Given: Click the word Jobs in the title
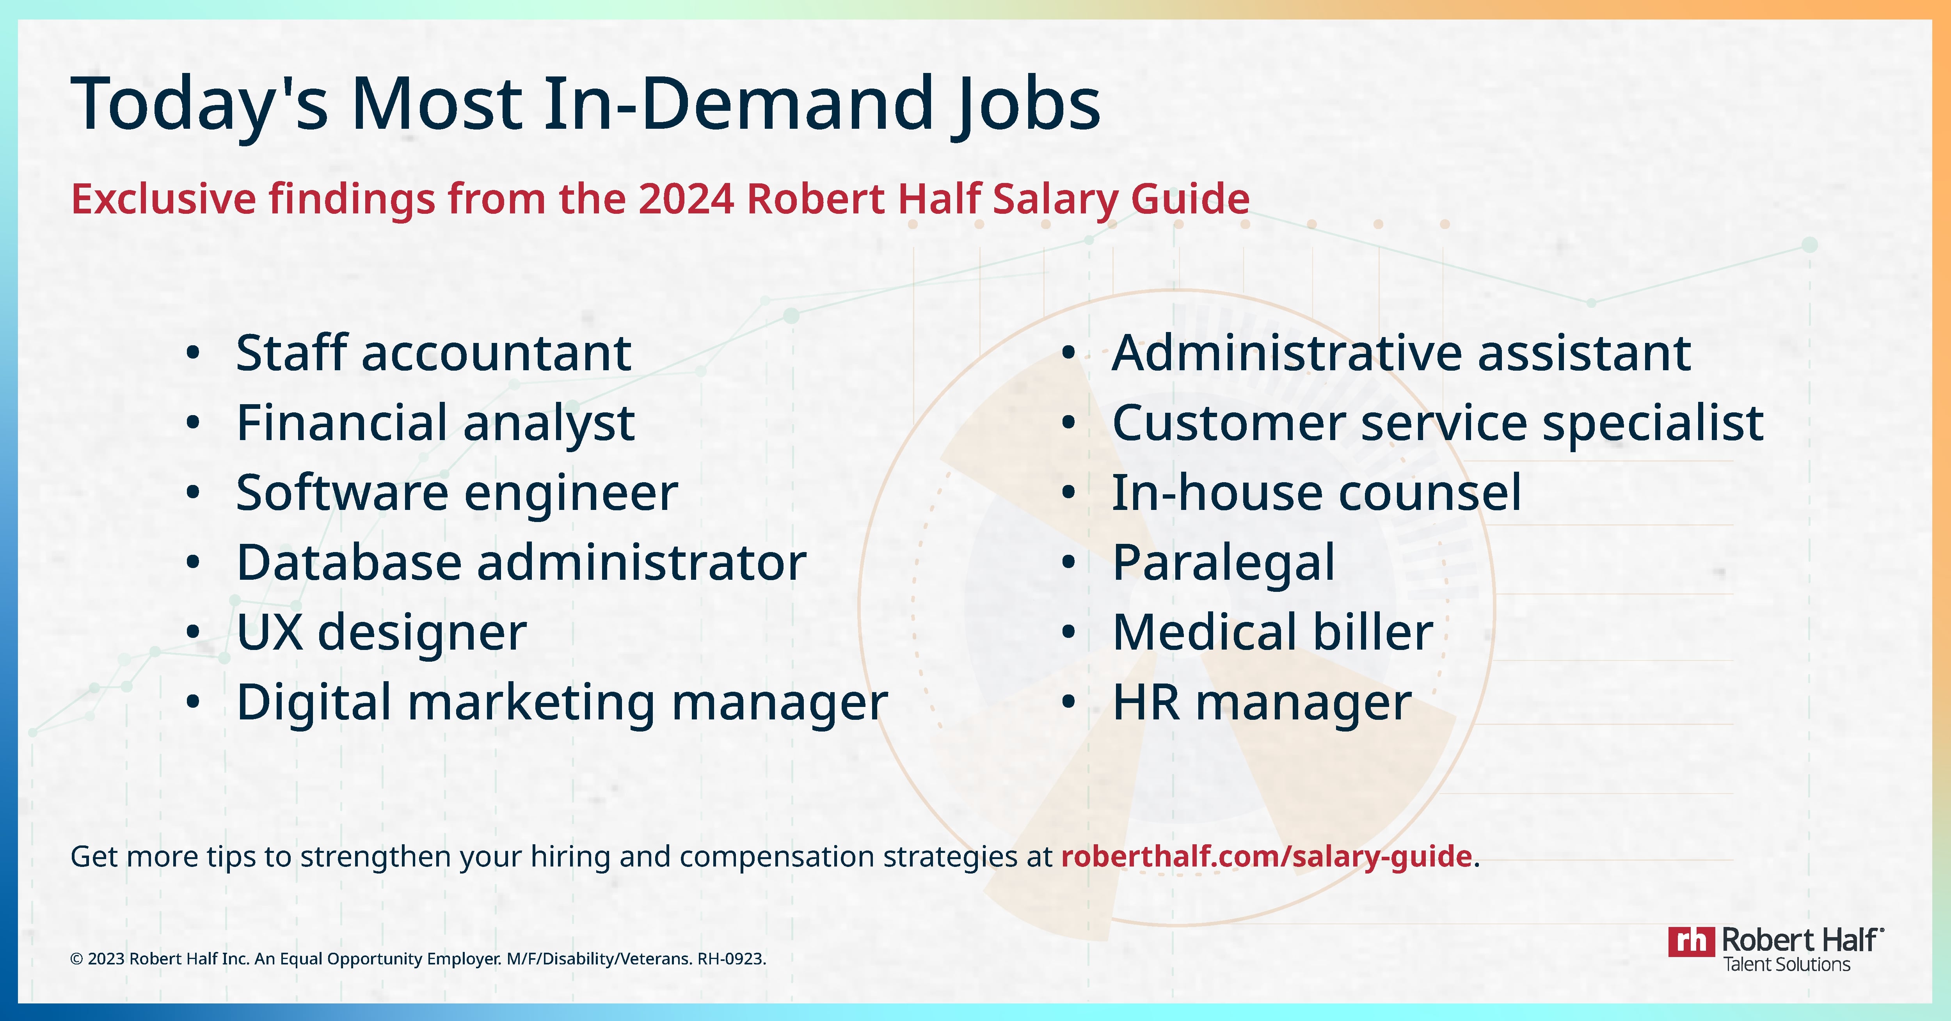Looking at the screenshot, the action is [1024, 105].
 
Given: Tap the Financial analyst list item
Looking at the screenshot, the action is [435, 423].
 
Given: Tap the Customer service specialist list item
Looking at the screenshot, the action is [1437, 423].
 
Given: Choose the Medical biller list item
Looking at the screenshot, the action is [1272, 632].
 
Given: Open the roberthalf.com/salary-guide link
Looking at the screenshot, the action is [1266, 857].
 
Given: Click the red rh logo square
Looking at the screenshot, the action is [1691, 941].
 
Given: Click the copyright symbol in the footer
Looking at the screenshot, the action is [76, 959].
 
